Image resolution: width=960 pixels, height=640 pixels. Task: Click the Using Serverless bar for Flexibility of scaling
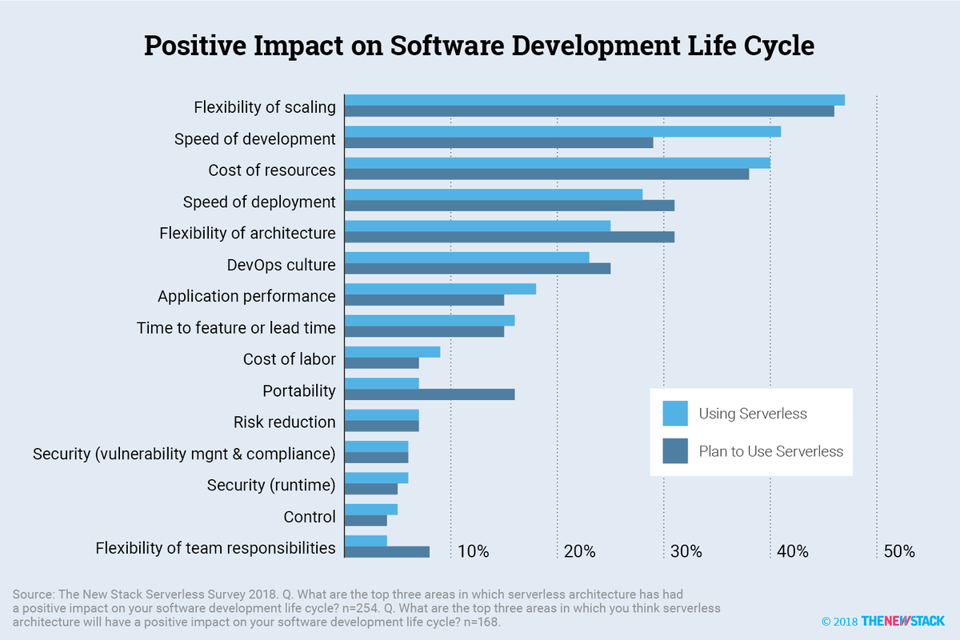tap(595, 100)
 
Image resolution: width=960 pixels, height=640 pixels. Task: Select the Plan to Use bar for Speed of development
tap(499, 142)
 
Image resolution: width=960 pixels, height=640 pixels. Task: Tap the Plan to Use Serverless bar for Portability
tap(430, 394)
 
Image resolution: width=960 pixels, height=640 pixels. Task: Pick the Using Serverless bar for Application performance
tap(441, 289)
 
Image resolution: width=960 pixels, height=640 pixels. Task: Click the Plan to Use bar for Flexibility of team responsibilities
tap(387, 552)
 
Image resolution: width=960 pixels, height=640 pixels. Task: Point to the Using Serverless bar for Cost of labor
tap(393, 352)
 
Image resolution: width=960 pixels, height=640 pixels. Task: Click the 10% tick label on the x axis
tap(473, 552)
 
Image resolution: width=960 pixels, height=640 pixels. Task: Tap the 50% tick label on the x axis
tap(899, 552)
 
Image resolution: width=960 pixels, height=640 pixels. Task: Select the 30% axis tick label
tap(686, 552)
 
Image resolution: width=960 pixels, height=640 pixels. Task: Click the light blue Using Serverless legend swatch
tap(675, 414)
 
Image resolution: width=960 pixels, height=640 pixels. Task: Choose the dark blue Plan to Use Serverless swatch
tap(675, 451)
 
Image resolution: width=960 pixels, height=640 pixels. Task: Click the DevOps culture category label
tap(281, 265)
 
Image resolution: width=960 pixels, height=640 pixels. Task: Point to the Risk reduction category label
tap(285, 422)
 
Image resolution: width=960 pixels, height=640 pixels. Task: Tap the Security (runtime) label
tap(271, 486)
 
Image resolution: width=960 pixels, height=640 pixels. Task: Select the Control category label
tap(310, 517)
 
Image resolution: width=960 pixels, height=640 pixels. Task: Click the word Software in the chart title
tap(447, 46)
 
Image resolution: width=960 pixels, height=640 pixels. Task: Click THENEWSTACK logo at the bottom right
tap(902, 621)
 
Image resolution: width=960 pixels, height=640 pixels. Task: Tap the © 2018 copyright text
tap(839, 622)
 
